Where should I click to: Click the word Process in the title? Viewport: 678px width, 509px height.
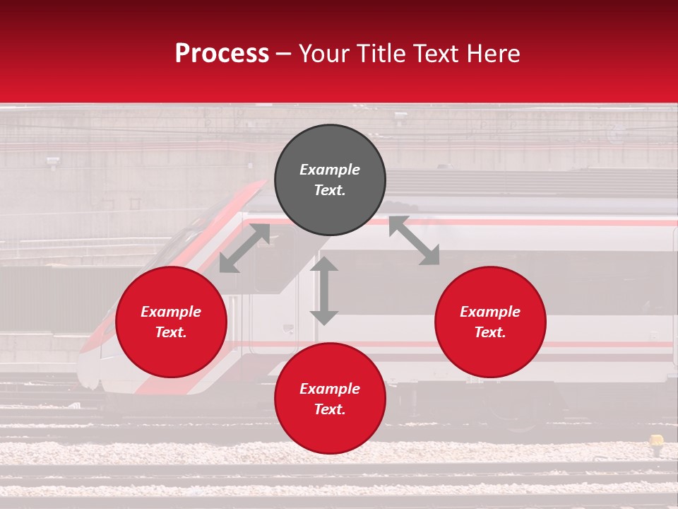pos(222,54)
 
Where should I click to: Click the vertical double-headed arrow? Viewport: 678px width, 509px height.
pos(324,291)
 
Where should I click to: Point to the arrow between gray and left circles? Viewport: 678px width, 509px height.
pos(244,248)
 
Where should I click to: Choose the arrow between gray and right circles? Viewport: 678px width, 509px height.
pos(414,240)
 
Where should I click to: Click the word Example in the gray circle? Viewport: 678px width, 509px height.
pos(330,170)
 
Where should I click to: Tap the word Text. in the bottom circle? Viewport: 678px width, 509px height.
pos(330,409)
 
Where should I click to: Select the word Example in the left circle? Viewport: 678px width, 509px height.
pos(171,312)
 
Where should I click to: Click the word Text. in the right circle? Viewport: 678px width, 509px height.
pos(490,332)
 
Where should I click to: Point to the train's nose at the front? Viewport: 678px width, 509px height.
pos(88,368)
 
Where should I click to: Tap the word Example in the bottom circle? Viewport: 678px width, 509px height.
pos(330,389)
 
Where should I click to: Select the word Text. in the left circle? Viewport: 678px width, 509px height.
pos(171,332)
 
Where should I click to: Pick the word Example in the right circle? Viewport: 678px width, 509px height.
pos(490,312)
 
